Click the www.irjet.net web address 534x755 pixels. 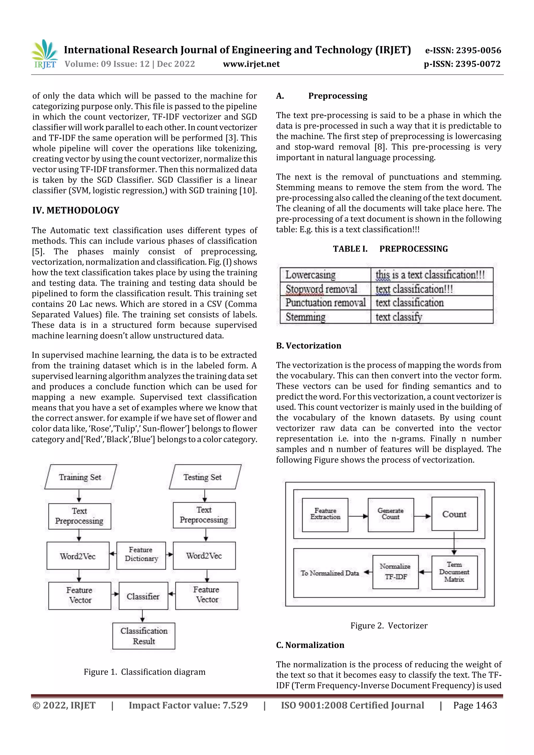coord(251,64)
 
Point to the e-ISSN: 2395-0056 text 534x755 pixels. coord(463,50)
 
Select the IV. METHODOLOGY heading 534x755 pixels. coord(76,211)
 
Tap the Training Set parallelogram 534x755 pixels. coord(80,477)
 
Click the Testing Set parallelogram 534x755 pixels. coord(205,477)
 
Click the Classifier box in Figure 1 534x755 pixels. coord(143,596)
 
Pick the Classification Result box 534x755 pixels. coord(144,636)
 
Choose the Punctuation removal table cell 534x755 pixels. coord(325,303)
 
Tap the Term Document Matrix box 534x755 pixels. coord(454,572)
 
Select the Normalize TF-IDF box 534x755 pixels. coord(395,572)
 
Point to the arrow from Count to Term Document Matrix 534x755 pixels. coord(454,543)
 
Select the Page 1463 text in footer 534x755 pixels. coord(475,705)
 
